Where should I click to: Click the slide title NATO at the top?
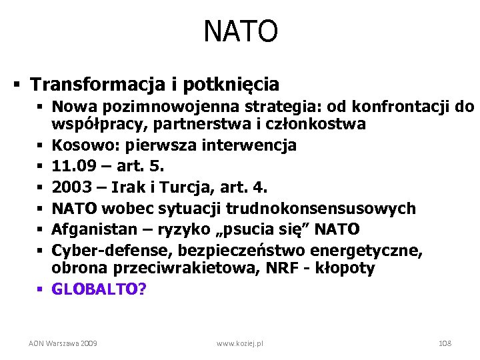pos(240,31)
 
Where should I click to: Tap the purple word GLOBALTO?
pos(99,289)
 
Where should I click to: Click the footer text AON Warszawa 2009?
pos(63,343)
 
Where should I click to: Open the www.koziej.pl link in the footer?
pos(240,343)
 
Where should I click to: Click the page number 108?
pos(445,343)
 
